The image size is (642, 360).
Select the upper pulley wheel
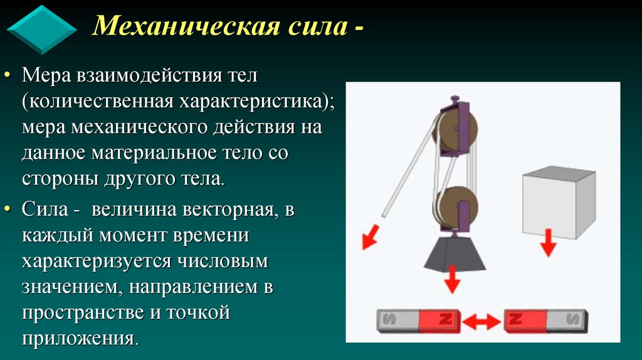point(456,131)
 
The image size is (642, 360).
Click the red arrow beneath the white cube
point(549,243)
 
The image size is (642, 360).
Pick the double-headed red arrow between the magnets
point(481,322)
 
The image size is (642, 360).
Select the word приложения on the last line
point(78,339)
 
